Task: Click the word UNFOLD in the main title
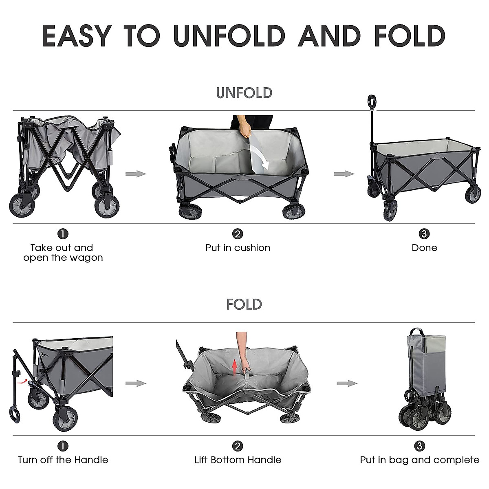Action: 229,36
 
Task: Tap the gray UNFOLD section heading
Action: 244,93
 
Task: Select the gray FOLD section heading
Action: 244,304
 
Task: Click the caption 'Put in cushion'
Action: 238,248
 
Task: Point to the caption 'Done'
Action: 424,248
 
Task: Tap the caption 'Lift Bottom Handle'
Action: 238,460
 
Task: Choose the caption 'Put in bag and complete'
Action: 419,460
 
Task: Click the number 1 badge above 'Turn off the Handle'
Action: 63,446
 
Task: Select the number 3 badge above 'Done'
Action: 424,234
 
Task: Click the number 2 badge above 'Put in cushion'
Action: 238,234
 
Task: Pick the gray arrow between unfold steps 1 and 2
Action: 136,174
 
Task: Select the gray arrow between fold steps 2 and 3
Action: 347,383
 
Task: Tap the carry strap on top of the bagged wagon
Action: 416,330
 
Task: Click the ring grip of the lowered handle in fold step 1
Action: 15,415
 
